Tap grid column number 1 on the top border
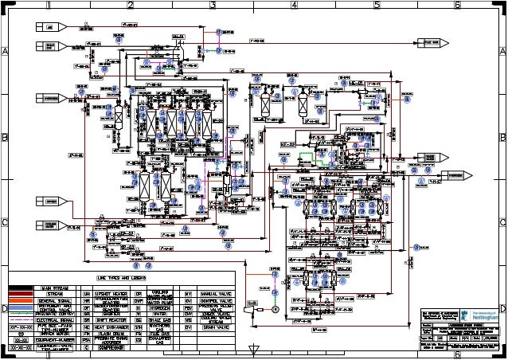(x=48, y=5)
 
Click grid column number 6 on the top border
(x=457, y=5)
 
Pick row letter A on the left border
(x=5, y=51)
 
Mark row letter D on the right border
(x=502, y=307)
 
